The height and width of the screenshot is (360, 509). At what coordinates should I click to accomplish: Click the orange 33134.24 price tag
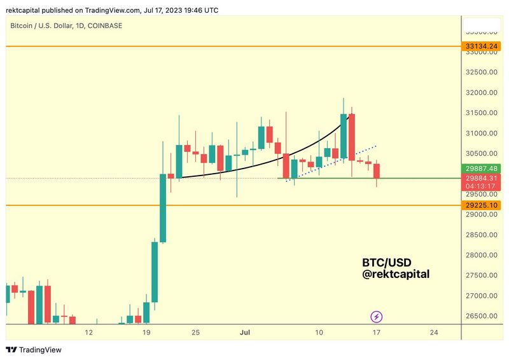[482, 46]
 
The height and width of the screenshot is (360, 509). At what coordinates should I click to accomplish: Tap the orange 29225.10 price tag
[482, 205]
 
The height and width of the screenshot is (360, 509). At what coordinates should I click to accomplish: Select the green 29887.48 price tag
[482, 169]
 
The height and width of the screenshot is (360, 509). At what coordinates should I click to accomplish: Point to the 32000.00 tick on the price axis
[482, 92]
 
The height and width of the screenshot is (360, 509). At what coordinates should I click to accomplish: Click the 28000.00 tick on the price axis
[482, 255]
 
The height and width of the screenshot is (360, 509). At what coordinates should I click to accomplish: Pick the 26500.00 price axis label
[482, 316]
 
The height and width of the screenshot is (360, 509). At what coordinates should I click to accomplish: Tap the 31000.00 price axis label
[482, 133]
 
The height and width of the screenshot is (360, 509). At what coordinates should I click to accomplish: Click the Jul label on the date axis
[244, 333]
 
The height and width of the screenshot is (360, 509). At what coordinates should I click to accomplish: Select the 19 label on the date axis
[146, 333]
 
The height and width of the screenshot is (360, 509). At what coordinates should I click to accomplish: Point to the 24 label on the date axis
[435, 333]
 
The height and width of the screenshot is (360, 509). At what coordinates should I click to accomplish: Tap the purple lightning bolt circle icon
[377, 316]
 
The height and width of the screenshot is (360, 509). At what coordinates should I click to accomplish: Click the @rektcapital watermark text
[396, 274]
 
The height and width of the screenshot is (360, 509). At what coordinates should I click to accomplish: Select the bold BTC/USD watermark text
[387, 262]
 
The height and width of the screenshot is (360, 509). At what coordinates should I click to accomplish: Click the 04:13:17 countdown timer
[482, 186]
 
